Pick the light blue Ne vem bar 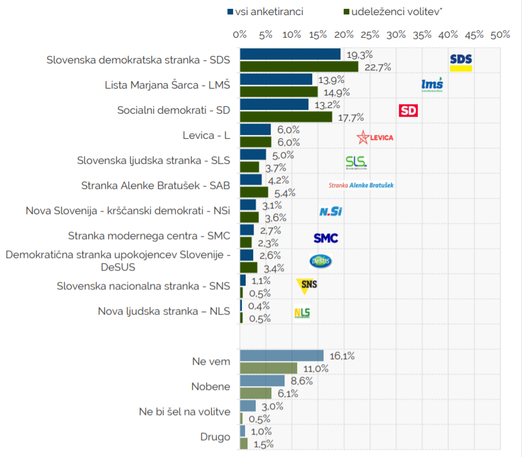[281, 355]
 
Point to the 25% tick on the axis [370, 35]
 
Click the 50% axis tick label [500, 35]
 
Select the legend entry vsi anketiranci [265, 12]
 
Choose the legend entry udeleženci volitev [393, 12]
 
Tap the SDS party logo [461, 63]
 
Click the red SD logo [408, 110]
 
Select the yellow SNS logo [307, 286]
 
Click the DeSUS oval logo [320, 261]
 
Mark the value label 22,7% [378, 67]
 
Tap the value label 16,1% [342, 356]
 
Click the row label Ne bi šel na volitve [185, 412]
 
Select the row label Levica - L [206, 136]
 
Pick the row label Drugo [215, 437]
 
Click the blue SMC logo [326, 238]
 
